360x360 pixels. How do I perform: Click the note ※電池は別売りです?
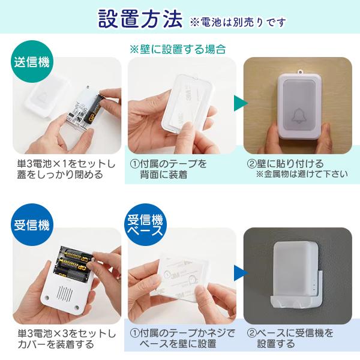point(238,22)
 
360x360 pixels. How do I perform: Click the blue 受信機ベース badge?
point(144,226)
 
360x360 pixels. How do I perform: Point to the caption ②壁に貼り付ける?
point(286,163)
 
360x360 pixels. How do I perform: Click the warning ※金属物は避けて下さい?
point(301,175)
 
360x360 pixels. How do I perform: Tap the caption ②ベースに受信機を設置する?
point(290,338)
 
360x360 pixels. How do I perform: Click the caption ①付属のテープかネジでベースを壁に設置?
point(182,338)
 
